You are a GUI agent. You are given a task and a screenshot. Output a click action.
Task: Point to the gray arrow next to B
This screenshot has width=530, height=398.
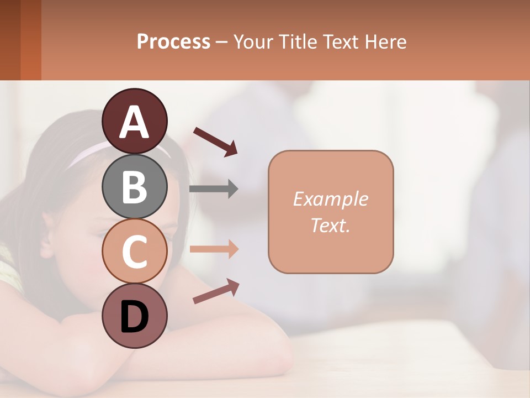tap(214, 189)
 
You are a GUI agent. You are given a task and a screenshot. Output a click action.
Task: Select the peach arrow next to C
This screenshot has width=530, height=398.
tap(214, 249)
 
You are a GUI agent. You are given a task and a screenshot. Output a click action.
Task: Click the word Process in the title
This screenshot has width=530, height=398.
tap(173, 42)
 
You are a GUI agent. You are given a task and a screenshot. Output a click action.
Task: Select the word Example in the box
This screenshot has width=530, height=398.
tap(330, 199)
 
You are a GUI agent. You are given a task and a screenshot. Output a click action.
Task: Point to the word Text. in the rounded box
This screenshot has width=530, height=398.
tap(330, 226)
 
